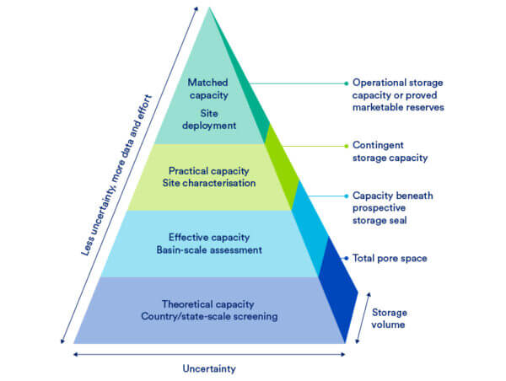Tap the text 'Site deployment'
pos(208,119)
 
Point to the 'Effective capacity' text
pos(208,237)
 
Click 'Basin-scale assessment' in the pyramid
pos(208,250)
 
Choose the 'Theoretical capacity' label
pos(208,303)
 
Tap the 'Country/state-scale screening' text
pos(208,316)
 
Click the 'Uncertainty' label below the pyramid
pos(209,368)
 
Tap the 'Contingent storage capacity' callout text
pos(389,151)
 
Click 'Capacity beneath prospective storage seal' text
pos(392,207)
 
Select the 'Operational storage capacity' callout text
pos(397,89)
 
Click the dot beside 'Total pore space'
pos(346,258)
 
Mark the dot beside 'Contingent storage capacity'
pos(346,145)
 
